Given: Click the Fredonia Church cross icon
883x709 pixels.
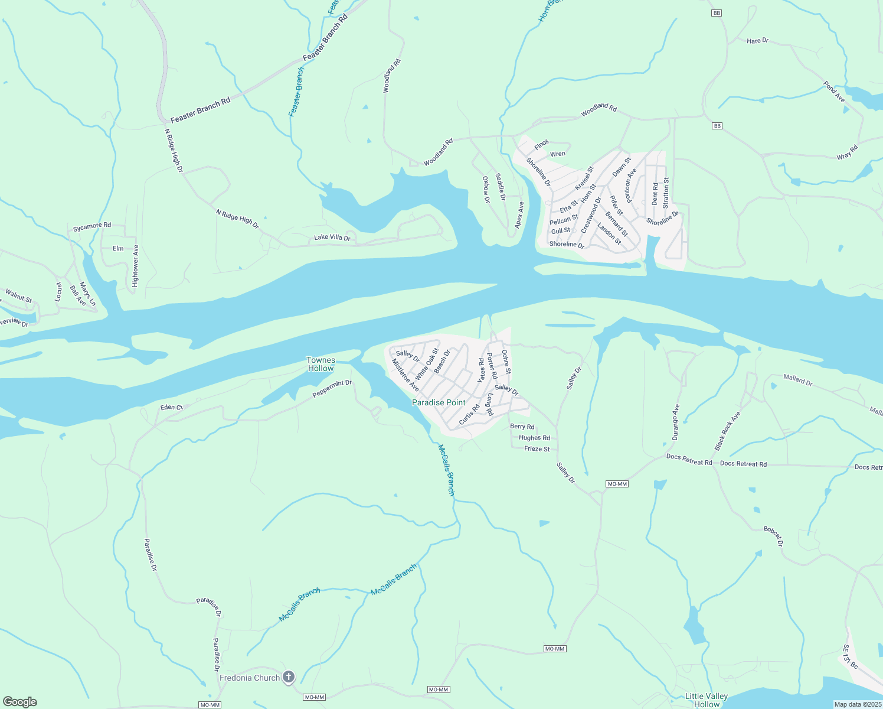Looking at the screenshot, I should tap(289, 677).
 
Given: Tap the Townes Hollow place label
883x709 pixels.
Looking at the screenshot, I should tap(321, 364).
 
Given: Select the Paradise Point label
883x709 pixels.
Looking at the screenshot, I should tap(439, 402).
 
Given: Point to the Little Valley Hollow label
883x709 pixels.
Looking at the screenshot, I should tap(707, 700).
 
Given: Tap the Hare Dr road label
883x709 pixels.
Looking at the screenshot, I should tap(757, 41).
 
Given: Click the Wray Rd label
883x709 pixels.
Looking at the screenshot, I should tap(847, 152).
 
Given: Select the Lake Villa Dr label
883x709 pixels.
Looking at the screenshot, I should tap(332, 238).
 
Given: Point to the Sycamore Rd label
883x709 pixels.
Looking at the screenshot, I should tap(92, 226).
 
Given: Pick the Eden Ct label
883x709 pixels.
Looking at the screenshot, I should tap(172, 407).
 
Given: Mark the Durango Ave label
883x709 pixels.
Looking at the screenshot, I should tap(676, 422).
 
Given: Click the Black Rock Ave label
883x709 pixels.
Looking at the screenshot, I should tap(727, 431).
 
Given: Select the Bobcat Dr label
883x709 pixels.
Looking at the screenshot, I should tap(773, 536).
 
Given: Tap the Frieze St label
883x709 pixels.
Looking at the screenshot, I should tap(537, 449).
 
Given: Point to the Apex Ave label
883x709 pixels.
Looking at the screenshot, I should tap(519, 215).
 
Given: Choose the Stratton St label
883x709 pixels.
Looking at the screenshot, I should tap(666, 193).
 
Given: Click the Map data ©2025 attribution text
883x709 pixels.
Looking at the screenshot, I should tap(858, 704).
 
